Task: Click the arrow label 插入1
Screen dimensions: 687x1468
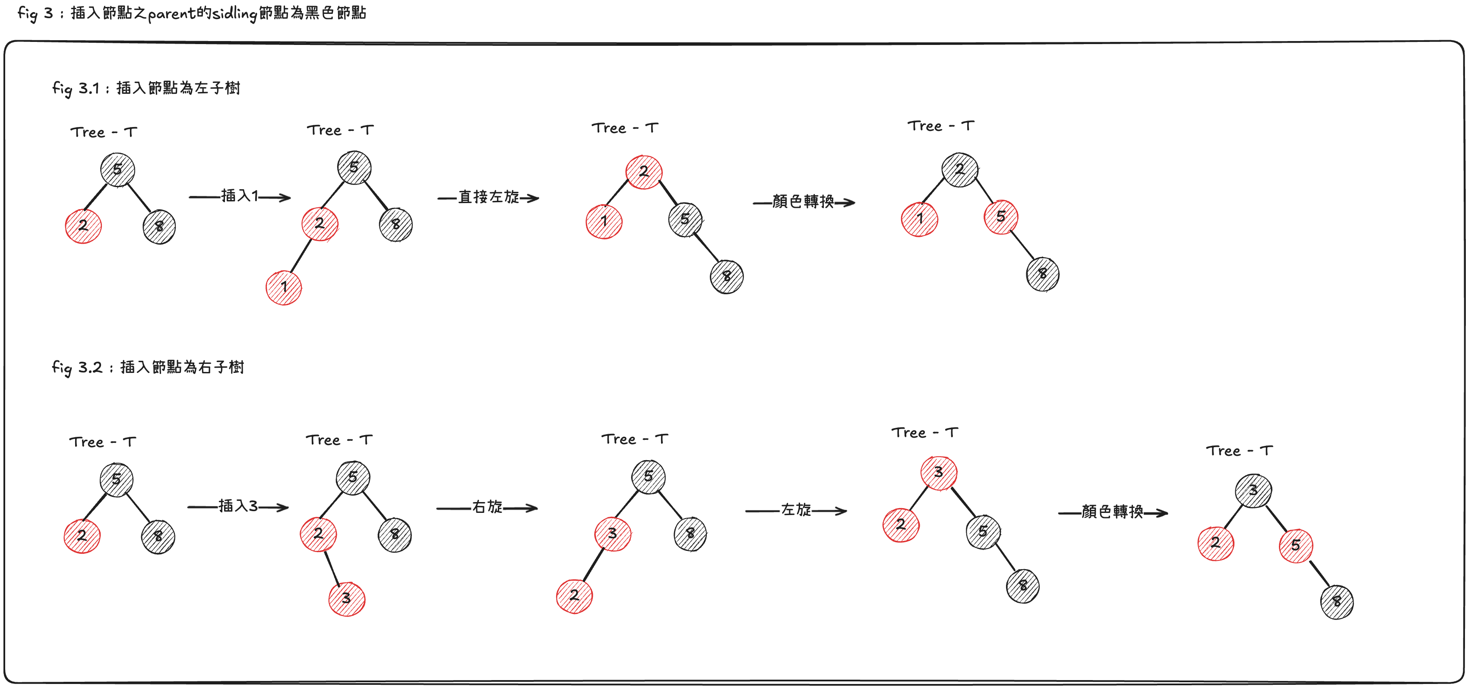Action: click(239, 196)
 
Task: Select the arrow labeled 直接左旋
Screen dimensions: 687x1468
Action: click(488, 197)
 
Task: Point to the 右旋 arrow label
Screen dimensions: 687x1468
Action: click(487, 507)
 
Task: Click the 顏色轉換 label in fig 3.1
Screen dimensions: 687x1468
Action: click(803, 201)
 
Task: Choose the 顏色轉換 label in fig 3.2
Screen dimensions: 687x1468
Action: click(1112, 512)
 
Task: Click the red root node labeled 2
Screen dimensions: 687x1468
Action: click(644, 172)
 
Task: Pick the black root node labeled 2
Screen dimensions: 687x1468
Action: click(960, 169)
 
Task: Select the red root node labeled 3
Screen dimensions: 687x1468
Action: click(939, 473)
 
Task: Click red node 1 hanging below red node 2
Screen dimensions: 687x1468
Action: click(284, 287)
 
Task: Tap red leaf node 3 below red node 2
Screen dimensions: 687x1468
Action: click(346, 598)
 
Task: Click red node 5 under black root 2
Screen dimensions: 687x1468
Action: click(1001, 216)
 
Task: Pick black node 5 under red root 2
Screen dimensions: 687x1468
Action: click(685, 219)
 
